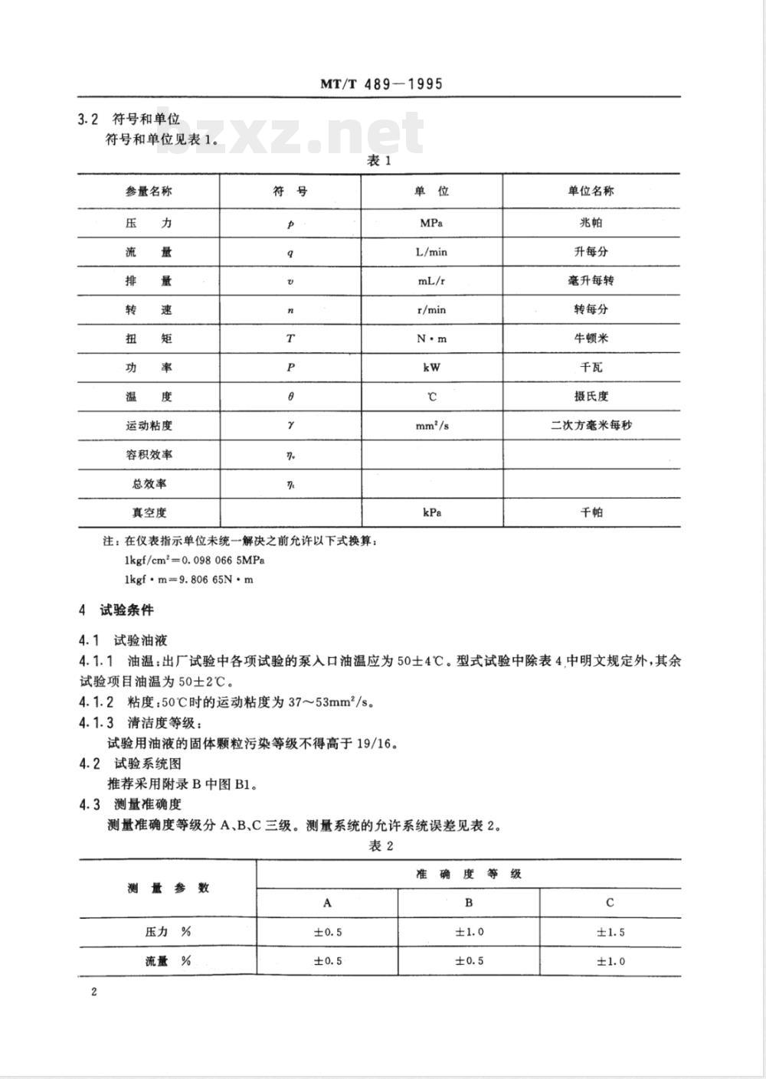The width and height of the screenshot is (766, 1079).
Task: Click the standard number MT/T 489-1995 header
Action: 381,83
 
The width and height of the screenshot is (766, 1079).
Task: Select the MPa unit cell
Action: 431,223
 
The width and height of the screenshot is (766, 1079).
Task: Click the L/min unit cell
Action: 431,252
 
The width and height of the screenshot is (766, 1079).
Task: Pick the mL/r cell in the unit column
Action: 431,281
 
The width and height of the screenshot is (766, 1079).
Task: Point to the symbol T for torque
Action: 290,338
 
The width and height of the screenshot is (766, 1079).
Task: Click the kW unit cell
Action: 431,368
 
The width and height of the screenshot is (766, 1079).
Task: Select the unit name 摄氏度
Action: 591,397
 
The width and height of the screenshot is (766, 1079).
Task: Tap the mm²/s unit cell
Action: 432,425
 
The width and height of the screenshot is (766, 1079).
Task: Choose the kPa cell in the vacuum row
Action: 431,512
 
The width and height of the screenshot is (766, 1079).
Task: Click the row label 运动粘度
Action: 149,426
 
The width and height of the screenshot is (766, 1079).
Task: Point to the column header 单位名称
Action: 591,191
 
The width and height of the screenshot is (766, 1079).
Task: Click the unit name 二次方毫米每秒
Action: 591,425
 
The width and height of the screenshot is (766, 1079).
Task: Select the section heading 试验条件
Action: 126,610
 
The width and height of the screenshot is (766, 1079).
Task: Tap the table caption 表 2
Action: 380,845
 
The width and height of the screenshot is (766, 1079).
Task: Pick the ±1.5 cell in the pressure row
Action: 611,932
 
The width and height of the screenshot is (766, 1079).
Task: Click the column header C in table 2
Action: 610,903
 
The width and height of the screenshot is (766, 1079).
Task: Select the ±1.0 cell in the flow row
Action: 611,961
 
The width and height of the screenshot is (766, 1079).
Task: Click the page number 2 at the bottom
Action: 94,992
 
